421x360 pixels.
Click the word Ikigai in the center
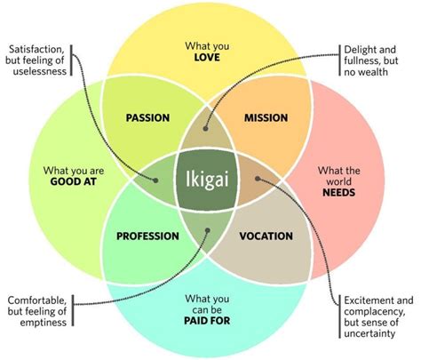click(x=210, y=176)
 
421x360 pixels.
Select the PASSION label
click(x=147, y=117)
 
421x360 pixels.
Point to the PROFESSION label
click(x=147, y=236)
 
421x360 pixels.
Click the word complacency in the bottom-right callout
click(x=376, y=310)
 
